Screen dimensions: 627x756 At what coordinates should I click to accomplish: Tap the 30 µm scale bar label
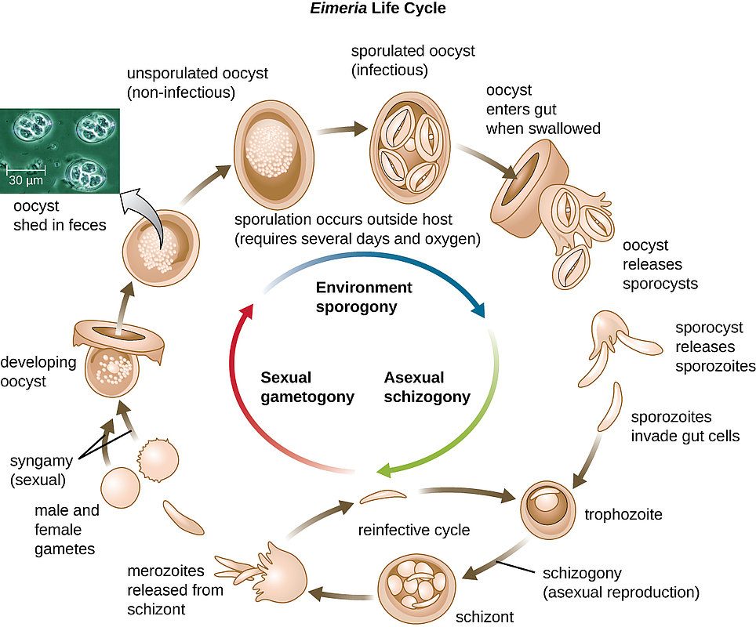coord(25,181)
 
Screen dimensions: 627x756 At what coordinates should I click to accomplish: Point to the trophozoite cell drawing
coord(547,508)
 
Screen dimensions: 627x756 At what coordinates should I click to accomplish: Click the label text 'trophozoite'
coord(623,515)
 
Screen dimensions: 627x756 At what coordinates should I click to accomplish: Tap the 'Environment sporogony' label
coord(363,297)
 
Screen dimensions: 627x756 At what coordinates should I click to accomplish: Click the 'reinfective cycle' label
coord(413,531)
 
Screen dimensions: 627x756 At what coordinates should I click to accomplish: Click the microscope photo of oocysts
coord(60,150)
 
